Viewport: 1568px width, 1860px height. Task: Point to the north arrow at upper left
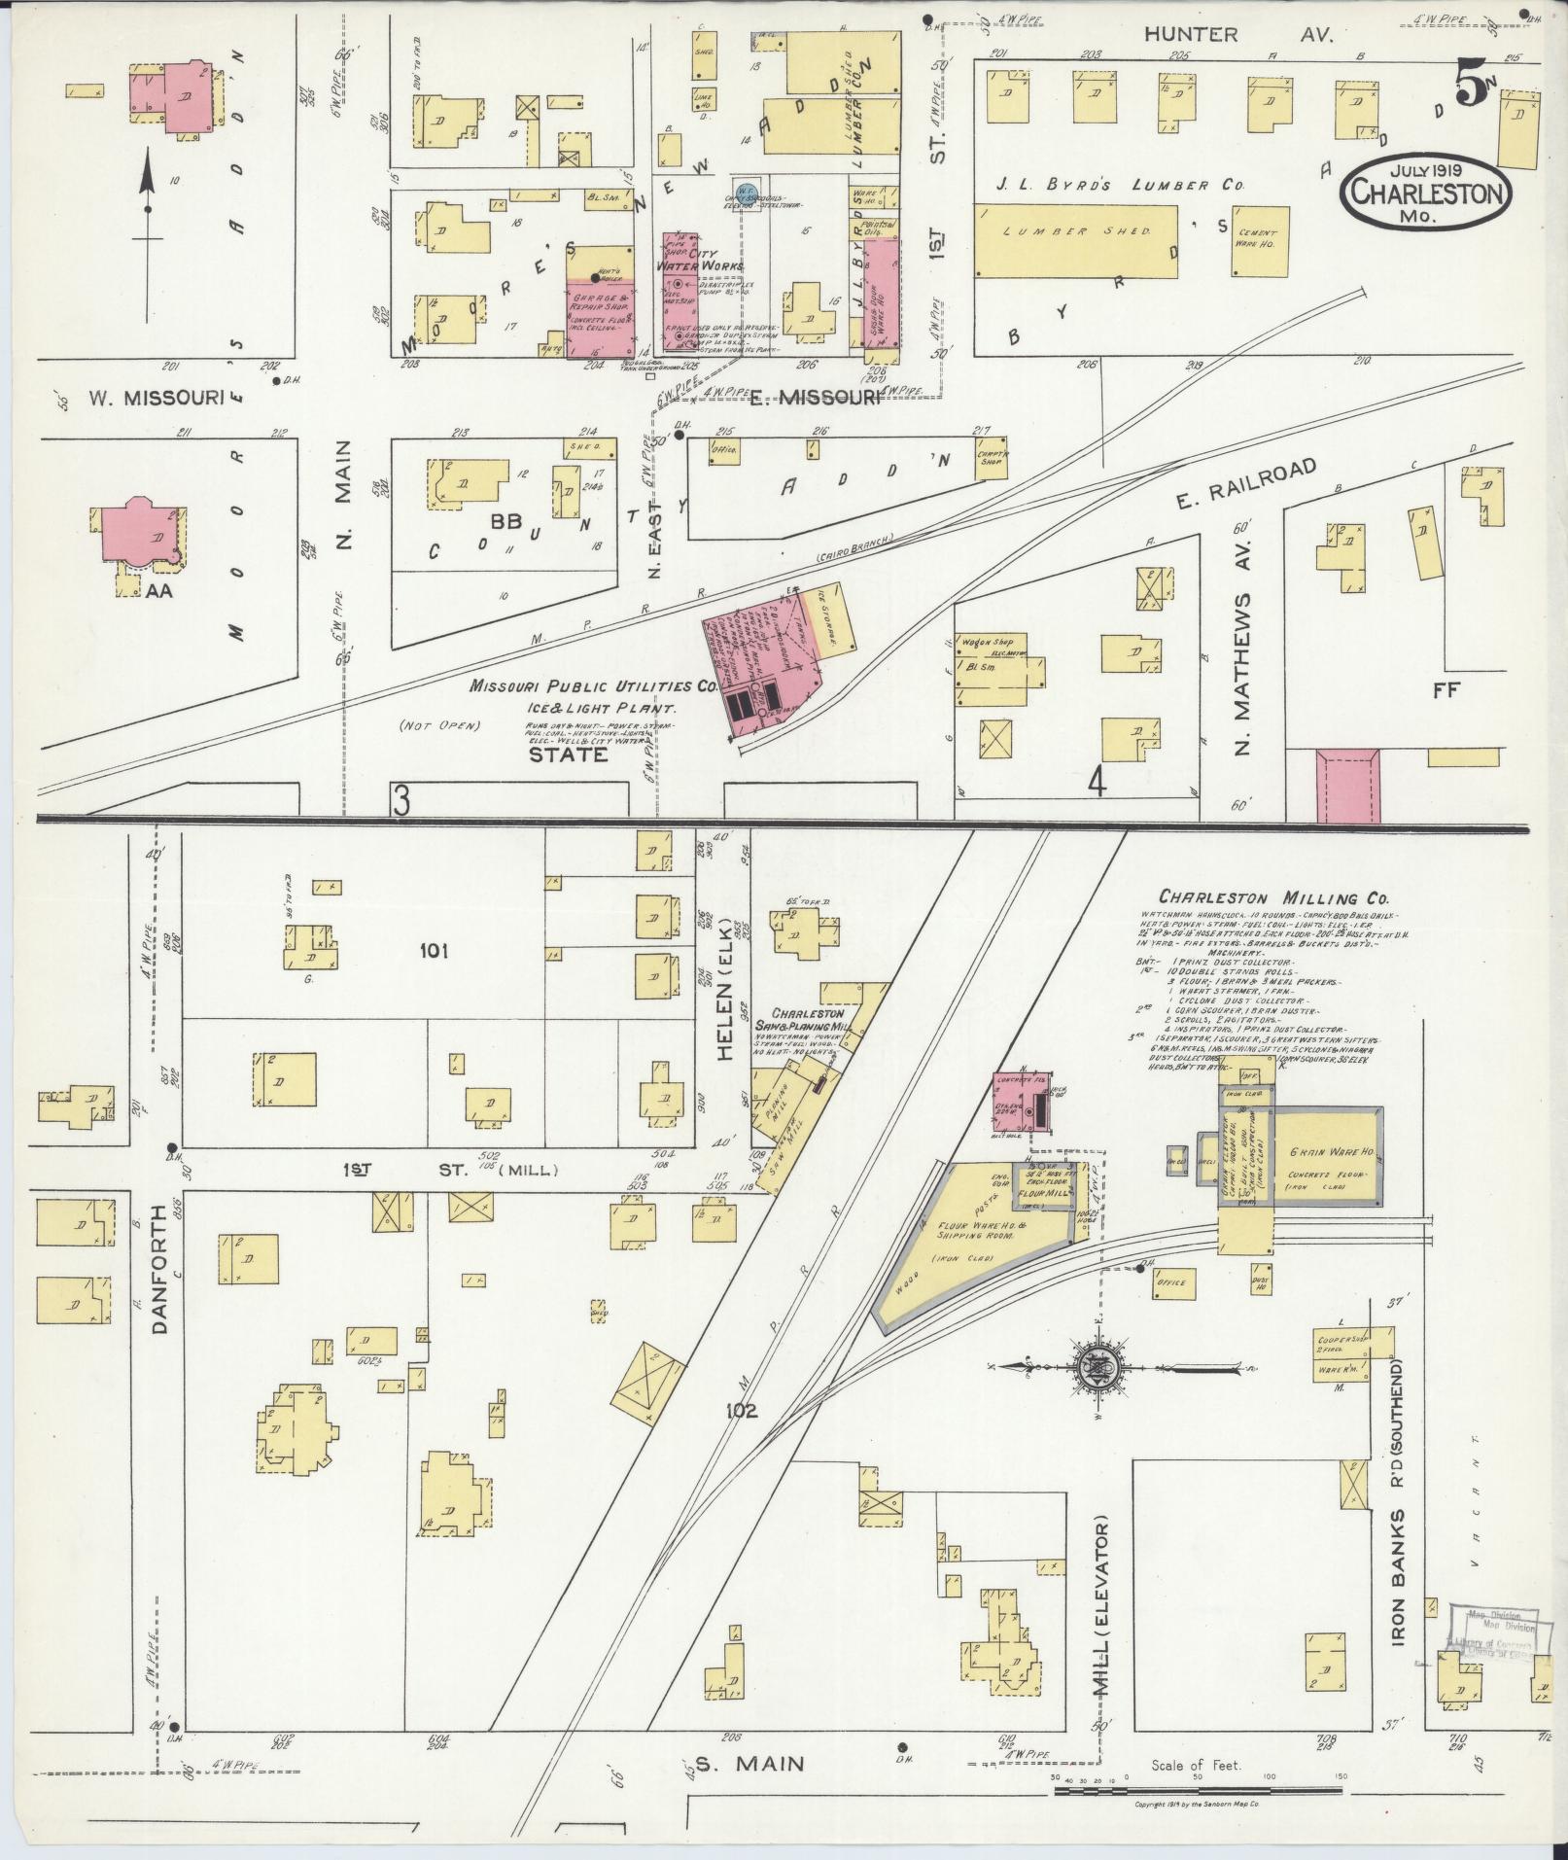click(x=147, y=233)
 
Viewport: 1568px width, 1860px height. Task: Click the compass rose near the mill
click(x=1096, y=1365)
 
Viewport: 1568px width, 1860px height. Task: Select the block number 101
click(x=434, y=950)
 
